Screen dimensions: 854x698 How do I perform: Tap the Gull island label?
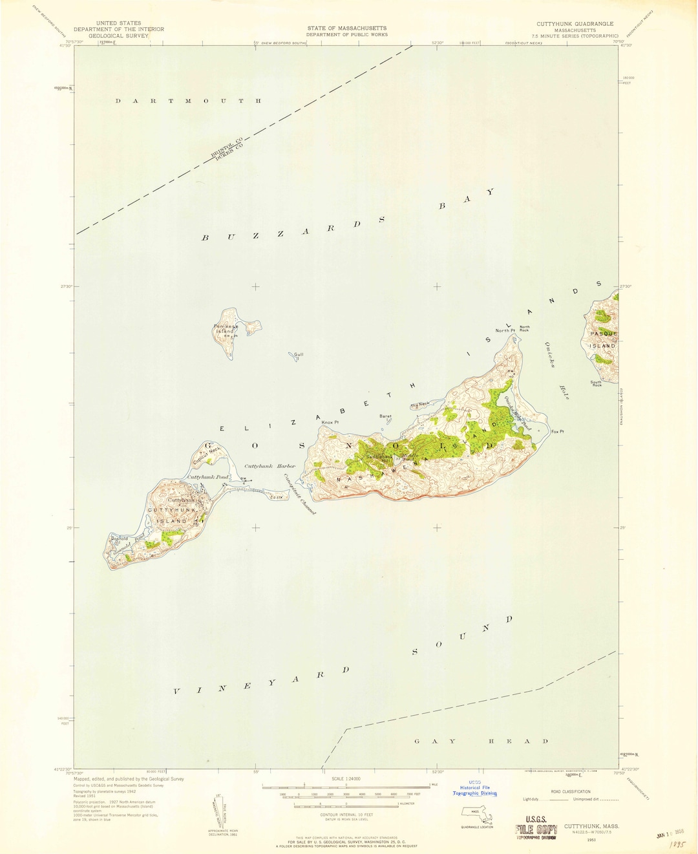(298, 354)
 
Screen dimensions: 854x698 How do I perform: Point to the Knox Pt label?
(330, 422)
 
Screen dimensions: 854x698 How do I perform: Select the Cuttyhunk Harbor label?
(270, 466)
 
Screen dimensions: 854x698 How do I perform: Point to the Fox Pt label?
(557, 431)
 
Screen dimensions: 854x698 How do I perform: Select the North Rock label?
(524, 328)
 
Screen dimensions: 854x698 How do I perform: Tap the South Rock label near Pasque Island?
(596, 383)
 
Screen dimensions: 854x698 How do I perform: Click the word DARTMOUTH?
(188, 101)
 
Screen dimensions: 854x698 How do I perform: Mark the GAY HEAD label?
(481, 741)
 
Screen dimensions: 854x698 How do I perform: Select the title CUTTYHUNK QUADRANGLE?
(575, 23)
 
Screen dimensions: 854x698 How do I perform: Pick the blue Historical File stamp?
(474, 787)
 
